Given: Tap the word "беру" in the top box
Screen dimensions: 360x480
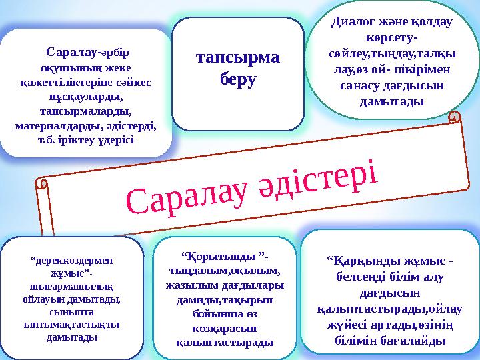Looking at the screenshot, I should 238,79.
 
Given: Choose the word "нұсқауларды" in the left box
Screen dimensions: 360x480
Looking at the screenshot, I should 88,97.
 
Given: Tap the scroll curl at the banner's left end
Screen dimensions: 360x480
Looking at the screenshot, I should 45,183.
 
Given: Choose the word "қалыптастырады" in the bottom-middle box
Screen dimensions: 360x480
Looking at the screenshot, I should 223,343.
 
